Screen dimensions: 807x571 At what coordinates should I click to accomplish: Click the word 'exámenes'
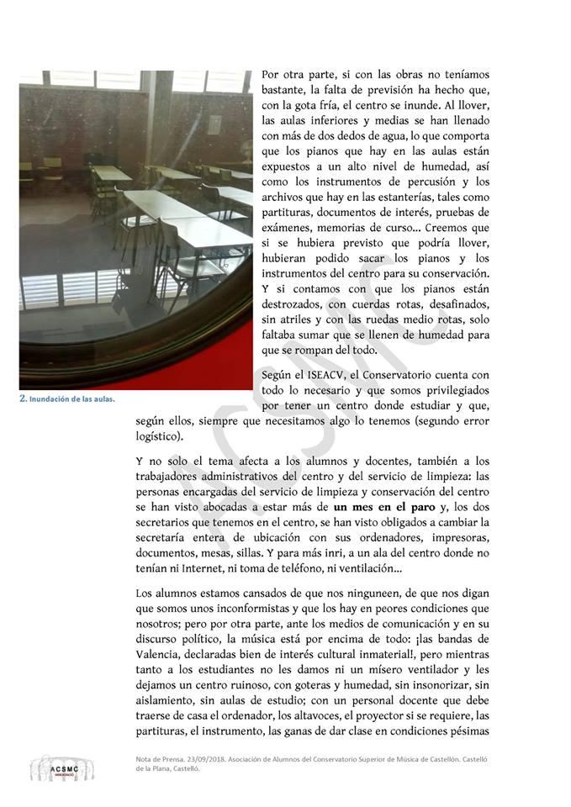coord(288,227)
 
